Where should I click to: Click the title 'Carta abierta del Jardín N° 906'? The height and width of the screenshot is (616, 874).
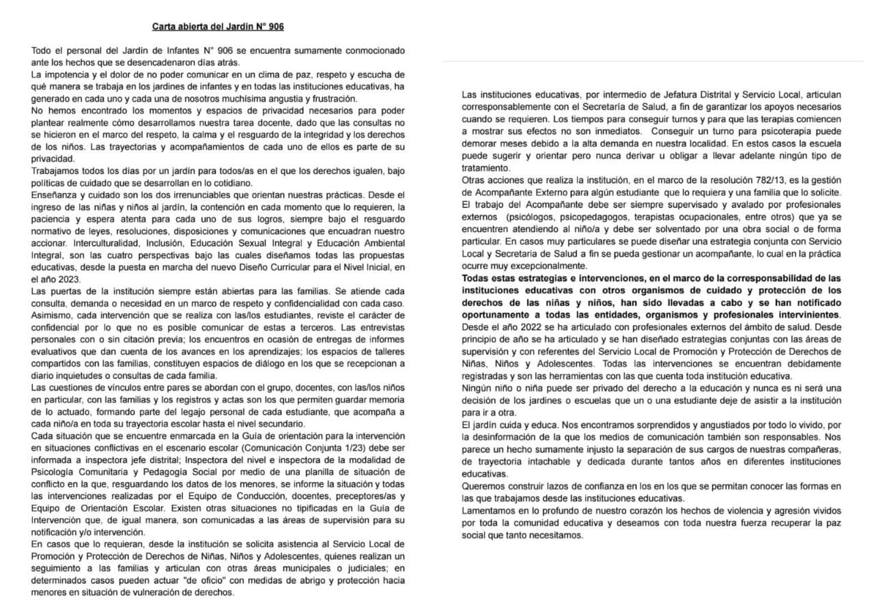218,27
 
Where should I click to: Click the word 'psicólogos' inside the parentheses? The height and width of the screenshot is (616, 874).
524,216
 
